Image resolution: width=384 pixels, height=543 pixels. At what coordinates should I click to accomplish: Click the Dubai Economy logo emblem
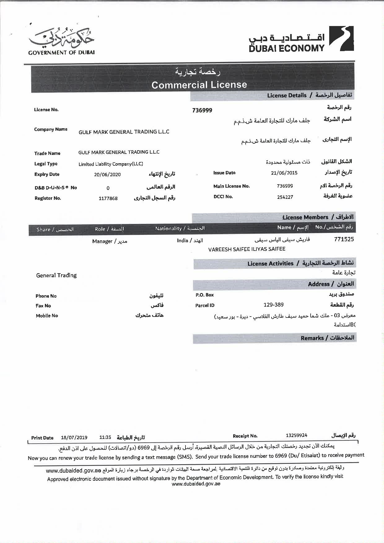click(341, 38)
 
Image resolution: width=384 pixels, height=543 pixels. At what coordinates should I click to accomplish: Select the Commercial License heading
click(199, 85)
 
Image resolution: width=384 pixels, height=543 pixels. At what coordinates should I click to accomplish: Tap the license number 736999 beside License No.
click(202, 110)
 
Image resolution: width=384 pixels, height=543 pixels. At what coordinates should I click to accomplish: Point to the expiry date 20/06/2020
click(107, 174)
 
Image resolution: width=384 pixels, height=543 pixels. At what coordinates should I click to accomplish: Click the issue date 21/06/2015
click(284, 173)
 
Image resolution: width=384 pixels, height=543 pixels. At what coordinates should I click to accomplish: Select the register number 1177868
click(108, 198)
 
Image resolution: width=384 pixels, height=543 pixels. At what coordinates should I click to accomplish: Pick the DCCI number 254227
click(285, 197)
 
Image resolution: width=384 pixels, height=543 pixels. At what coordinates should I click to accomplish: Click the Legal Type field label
click(46, 164)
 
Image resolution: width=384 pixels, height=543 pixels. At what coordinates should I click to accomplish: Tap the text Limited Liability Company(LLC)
click(111, 164)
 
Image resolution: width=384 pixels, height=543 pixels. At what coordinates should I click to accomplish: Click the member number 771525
click(344, 239)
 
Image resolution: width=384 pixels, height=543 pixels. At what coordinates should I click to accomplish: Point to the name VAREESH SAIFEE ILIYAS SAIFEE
click(247, 249)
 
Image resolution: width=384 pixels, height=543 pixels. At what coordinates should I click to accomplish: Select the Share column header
click(55, 230)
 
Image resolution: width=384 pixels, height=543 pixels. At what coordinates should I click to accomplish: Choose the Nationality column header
click(180, 229)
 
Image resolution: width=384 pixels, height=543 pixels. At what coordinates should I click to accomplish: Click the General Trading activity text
click(56, 275)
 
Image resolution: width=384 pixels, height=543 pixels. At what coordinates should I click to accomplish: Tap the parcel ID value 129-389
click(273, 305)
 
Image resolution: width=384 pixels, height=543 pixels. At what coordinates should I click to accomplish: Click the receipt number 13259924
click(296, 435)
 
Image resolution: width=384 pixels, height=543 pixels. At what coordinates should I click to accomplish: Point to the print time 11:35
click(105, 438)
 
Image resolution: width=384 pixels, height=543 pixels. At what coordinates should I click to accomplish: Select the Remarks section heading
click(327, 338)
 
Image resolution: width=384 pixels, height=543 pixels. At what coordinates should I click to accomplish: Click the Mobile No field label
click(47, 316)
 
